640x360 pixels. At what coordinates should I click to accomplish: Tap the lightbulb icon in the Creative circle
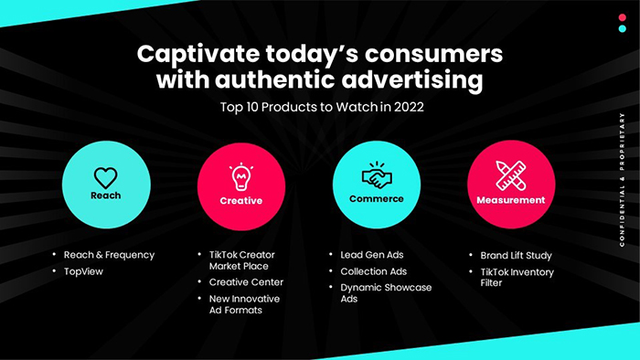click(x=240, y=176)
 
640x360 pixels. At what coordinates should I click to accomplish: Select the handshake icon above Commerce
click(x=377, y=175)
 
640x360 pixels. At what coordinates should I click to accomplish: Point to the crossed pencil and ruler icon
click(x=511, y=175)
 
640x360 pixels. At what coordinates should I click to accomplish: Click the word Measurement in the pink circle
click(x=511, y=200)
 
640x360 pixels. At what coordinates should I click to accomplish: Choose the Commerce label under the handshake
click(x=377, y=199)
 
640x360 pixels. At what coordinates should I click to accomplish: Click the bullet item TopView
click(x=84, y=271)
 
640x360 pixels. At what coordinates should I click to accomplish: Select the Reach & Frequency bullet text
click(x=110, y=255)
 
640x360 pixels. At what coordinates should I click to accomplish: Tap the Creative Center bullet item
click(x=246, y=282)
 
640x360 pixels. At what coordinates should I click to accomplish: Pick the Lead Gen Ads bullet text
click(x=372, y=255)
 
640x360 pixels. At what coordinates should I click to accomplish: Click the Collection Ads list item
click(x=373, y=271)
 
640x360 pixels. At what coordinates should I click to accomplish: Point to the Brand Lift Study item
click(x=516, y=256)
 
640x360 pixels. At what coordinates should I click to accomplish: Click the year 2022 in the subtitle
click(x=409, y=107)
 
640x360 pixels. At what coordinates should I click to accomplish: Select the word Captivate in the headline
click(x=198, y=55)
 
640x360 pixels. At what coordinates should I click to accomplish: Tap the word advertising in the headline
click(x=412, y=79)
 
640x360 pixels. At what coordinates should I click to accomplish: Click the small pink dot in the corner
click(x=622, y=17)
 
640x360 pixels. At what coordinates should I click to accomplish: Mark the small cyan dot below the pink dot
click(x=622, y=28)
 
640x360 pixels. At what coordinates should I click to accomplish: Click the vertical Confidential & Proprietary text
click(x=622, y=180)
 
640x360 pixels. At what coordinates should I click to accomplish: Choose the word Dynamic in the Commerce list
click(x=359, y=288)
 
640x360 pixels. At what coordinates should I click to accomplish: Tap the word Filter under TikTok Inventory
click(x=491, y=283)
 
